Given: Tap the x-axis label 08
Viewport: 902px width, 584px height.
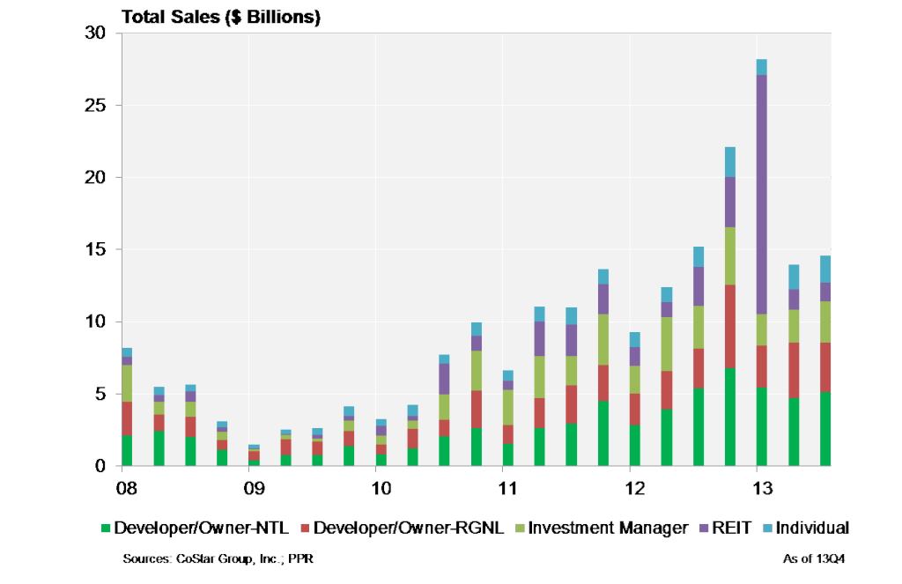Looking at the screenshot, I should (x=127, y=487).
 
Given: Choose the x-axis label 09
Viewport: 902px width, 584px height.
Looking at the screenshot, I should (x=254, y=487).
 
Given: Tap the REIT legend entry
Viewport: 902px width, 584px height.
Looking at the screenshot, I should (x=728, y=529).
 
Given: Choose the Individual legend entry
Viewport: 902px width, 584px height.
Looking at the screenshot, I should (x=805, y=529).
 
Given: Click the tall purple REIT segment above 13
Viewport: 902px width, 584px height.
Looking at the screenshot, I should (x=761, y=194).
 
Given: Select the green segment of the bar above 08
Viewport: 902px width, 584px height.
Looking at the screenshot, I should (x=127, y=450).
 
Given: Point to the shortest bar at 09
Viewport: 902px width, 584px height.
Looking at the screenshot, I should (x=254, y=455).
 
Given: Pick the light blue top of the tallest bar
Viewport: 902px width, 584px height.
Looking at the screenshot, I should (x=761, y=67).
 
